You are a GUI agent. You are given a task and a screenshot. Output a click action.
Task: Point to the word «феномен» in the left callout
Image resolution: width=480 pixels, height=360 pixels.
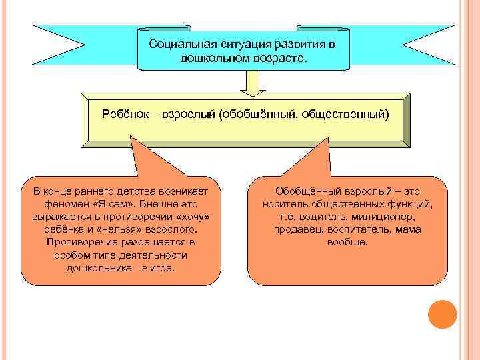65,204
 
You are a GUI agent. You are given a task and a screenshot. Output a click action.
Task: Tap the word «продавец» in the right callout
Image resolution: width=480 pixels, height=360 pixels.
296,229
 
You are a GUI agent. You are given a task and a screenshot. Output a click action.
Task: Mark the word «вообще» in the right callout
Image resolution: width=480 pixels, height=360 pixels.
347,242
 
